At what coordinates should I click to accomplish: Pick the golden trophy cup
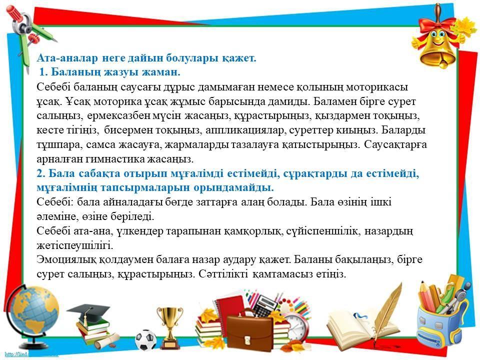coord(169,327)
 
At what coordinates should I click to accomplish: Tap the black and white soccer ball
coord(145,340)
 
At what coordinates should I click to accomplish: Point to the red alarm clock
coord(295,327)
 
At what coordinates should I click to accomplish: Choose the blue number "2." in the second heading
coord(41,173)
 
